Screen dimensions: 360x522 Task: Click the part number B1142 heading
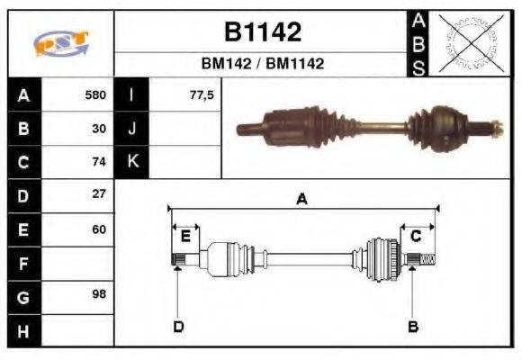pos(262,33)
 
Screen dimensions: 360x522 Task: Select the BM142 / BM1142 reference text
pos(262,64)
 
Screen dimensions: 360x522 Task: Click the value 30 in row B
pos(99,129)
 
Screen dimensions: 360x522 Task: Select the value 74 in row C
pos(99,162)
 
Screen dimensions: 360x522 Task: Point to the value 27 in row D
pos(99,194)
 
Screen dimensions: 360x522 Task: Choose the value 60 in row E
pos(99,229)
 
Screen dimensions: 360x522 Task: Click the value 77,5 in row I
pos(202,95)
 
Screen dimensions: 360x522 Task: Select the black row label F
pos(23,263)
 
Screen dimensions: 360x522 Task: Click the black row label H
pos(23,330)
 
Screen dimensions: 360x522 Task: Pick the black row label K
pos(131,162)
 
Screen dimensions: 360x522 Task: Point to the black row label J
pos(131,129)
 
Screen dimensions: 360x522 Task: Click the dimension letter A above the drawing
pos(301,200)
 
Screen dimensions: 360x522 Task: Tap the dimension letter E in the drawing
pos(185,236)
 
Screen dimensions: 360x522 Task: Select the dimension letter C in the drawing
pos(416,236)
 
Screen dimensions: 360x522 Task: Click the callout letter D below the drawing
pos(178,326)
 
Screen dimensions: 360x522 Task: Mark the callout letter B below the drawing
pos(413,326)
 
